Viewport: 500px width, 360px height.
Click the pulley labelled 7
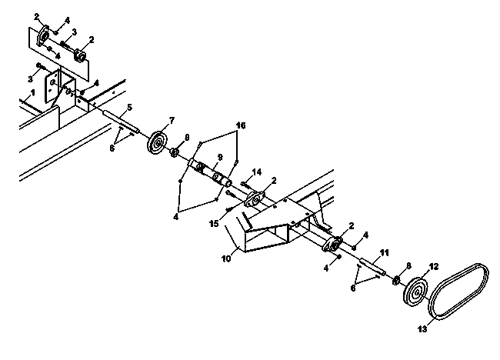coord(157,142)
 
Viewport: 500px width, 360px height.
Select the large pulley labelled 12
coord(415,292)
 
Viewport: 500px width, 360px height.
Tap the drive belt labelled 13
coord(458,291)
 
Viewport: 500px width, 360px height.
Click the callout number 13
coord(422,328)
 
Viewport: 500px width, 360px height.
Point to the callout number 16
coord(241,125)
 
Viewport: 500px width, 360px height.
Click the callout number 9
coord(220,157)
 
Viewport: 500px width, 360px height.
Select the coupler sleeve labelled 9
coord(211,174)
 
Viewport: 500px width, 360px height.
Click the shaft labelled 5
coord(121,121)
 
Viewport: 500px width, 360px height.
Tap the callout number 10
coord(226,258)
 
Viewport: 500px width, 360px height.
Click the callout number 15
coord(214,224)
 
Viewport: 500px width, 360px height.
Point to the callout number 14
coord(257,172)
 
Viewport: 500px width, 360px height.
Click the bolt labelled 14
coord(246,185)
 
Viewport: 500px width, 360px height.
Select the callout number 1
coord(32,93)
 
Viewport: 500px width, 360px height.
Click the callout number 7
coord(172,121)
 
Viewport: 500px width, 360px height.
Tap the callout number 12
coord(434,267)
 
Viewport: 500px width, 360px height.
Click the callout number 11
coord(385,253)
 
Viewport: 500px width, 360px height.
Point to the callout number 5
coord(129,107)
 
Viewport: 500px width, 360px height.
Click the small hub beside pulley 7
coord(174,152)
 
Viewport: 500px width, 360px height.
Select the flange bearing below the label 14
coord(255,199)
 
